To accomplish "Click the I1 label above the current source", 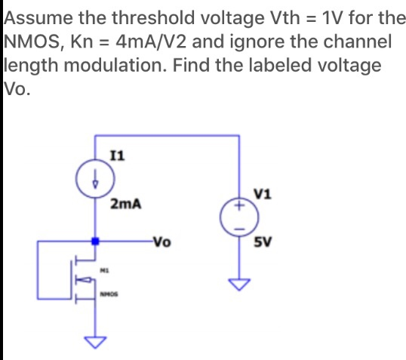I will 117,155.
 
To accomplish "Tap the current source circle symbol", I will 95,182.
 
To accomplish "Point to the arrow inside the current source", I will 95,182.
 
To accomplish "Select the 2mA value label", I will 125,205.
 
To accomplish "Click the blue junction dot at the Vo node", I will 95,242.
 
